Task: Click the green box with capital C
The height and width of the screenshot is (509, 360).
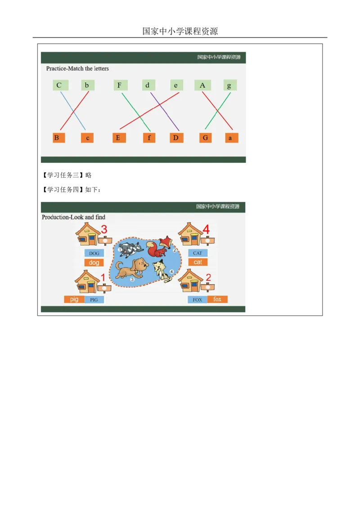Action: [59, 85]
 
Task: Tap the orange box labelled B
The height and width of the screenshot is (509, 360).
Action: [57, 138]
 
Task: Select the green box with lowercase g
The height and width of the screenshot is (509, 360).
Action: [229, 85]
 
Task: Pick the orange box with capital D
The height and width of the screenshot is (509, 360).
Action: [176, 138]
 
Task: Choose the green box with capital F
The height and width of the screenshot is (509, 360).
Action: [120, 85]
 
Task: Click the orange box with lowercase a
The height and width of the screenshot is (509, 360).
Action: [231, 138]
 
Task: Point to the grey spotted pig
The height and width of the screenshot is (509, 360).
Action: [128, 249]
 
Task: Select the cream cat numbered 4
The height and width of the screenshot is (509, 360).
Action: [161, 270]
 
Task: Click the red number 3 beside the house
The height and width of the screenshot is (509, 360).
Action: [104, 230]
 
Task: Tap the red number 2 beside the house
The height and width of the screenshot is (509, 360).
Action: [208, 277]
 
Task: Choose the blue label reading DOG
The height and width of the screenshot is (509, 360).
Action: [94, 253]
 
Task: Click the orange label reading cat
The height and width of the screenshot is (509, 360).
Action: [198, 262]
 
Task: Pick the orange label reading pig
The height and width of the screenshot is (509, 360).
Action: [74, 299]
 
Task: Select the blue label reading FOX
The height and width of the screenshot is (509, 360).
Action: [197, 299]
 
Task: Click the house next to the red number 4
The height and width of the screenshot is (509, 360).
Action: [191, 234]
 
